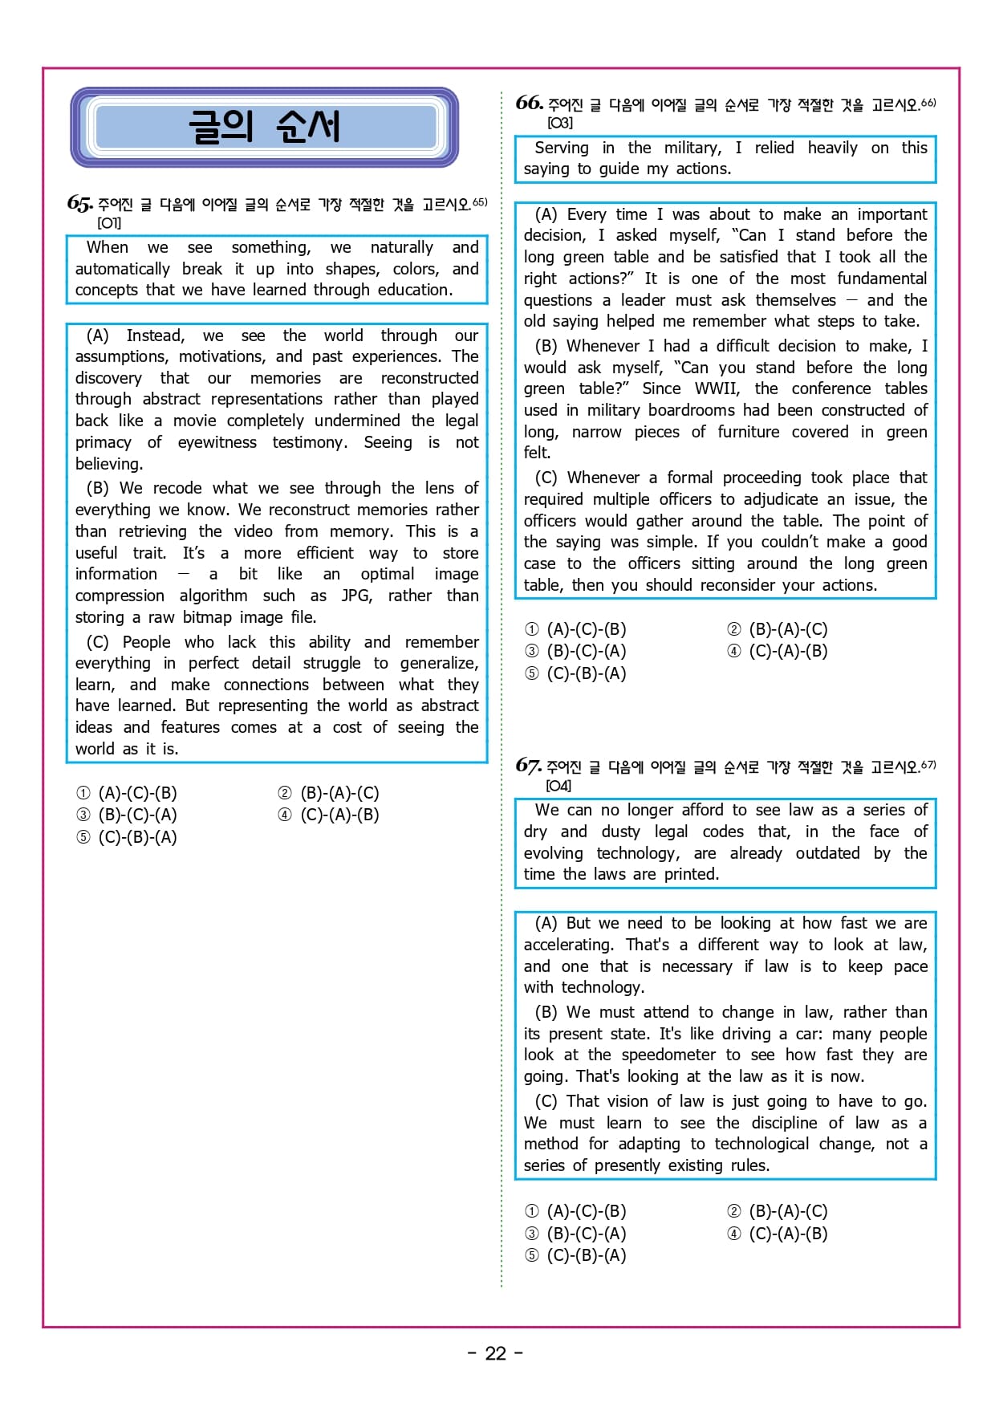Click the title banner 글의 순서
click(x=264, y=127)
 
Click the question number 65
click(x=79, y=203)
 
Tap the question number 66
click(x=529, y=103)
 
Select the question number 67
click(x=528, y=765)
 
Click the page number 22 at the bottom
click(x=495, y=1353)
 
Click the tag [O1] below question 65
click(x=109, y=223)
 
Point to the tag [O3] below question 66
click(x=559, y=123)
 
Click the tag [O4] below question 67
click(x=558, y=786)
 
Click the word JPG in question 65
click(x=356, y=596)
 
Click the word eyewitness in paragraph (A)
click(x=217, y=442)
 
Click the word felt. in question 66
click(x=537, y=453)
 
